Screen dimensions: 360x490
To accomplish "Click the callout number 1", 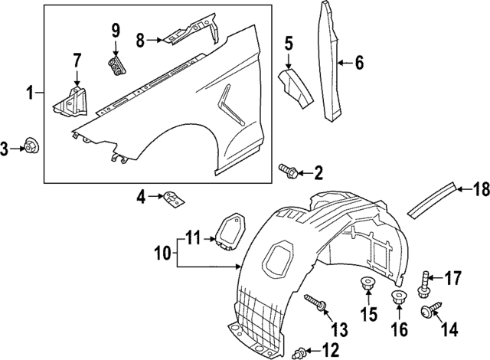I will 29,93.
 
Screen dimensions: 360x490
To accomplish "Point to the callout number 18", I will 480,188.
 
